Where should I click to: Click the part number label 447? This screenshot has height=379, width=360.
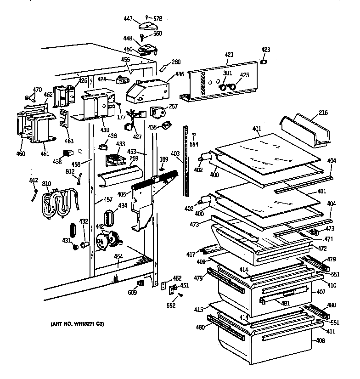[x=128, y=18]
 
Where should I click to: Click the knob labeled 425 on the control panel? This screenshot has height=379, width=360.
[x=233, y=86]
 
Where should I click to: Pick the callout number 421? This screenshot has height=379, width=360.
[x=229, y=55]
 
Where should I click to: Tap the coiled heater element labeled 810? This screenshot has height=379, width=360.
[x=58, y=203]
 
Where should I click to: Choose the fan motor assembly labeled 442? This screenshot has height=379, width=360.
[x=107, y=240]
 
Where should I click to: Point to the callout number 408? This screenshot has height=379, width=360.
[x=320, y=340]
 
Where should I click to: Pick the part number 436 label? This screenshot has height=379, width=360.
[x=179, y=74]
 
